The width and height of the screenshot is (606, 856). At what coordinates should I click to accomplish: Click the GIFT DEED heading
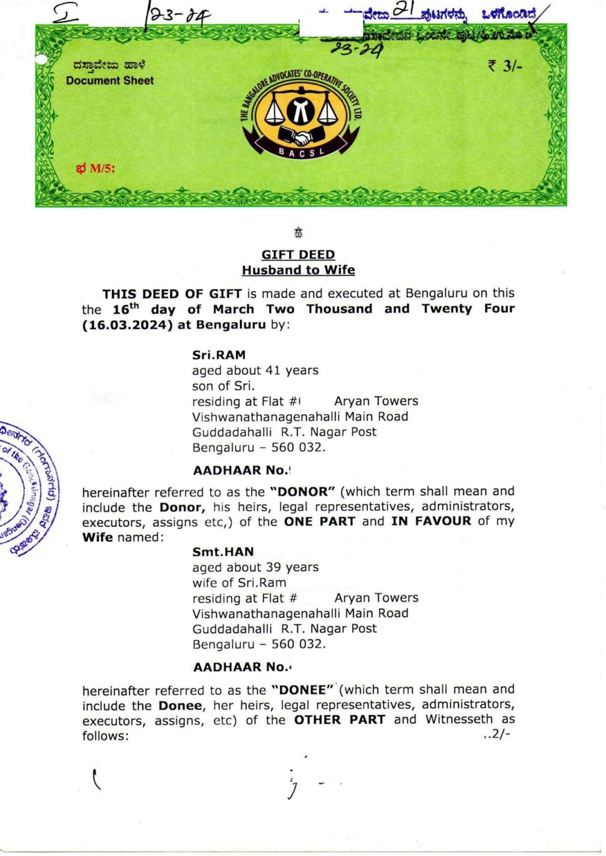[298, 255]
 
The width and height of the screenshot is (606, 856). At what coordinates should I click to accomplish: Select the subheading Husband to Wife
[298, 270]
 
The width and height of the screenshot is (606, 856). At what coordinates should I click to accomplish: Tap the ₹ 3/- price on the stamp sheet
[505, 66]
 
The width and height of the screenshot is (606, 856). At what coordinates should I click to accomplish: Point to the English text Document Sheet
[110, 81]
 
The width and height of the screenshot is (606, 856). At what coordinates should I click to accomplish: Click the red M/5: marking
[96, 169]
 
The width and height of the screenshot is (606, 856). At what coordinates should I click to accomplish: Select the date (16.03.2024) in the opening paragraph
[127, 325]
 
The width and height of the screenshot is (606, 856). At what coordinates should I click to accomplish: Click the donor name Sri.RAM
[219, 355]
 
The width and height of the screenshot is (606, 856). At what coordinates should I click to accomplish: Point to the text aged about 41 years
[255, 370]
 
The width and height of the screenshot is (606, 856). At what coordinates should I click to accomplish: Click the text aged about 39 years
[255, 567]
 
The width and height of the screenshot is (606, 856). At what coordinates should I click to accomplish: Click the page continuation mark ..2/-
[497, 734]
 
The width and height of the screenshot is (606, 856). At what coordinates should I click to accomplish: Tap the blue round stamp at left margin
[28, 487]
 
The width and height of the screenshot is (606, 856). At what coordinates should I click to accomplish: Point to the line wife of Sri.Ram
[239, 583]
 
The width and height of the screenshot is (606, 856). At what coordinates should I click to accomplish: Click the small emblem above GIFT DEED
[299, 234]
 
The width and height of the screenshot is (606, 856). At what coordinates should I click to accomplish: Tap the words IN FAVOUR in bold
[431, 521]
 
